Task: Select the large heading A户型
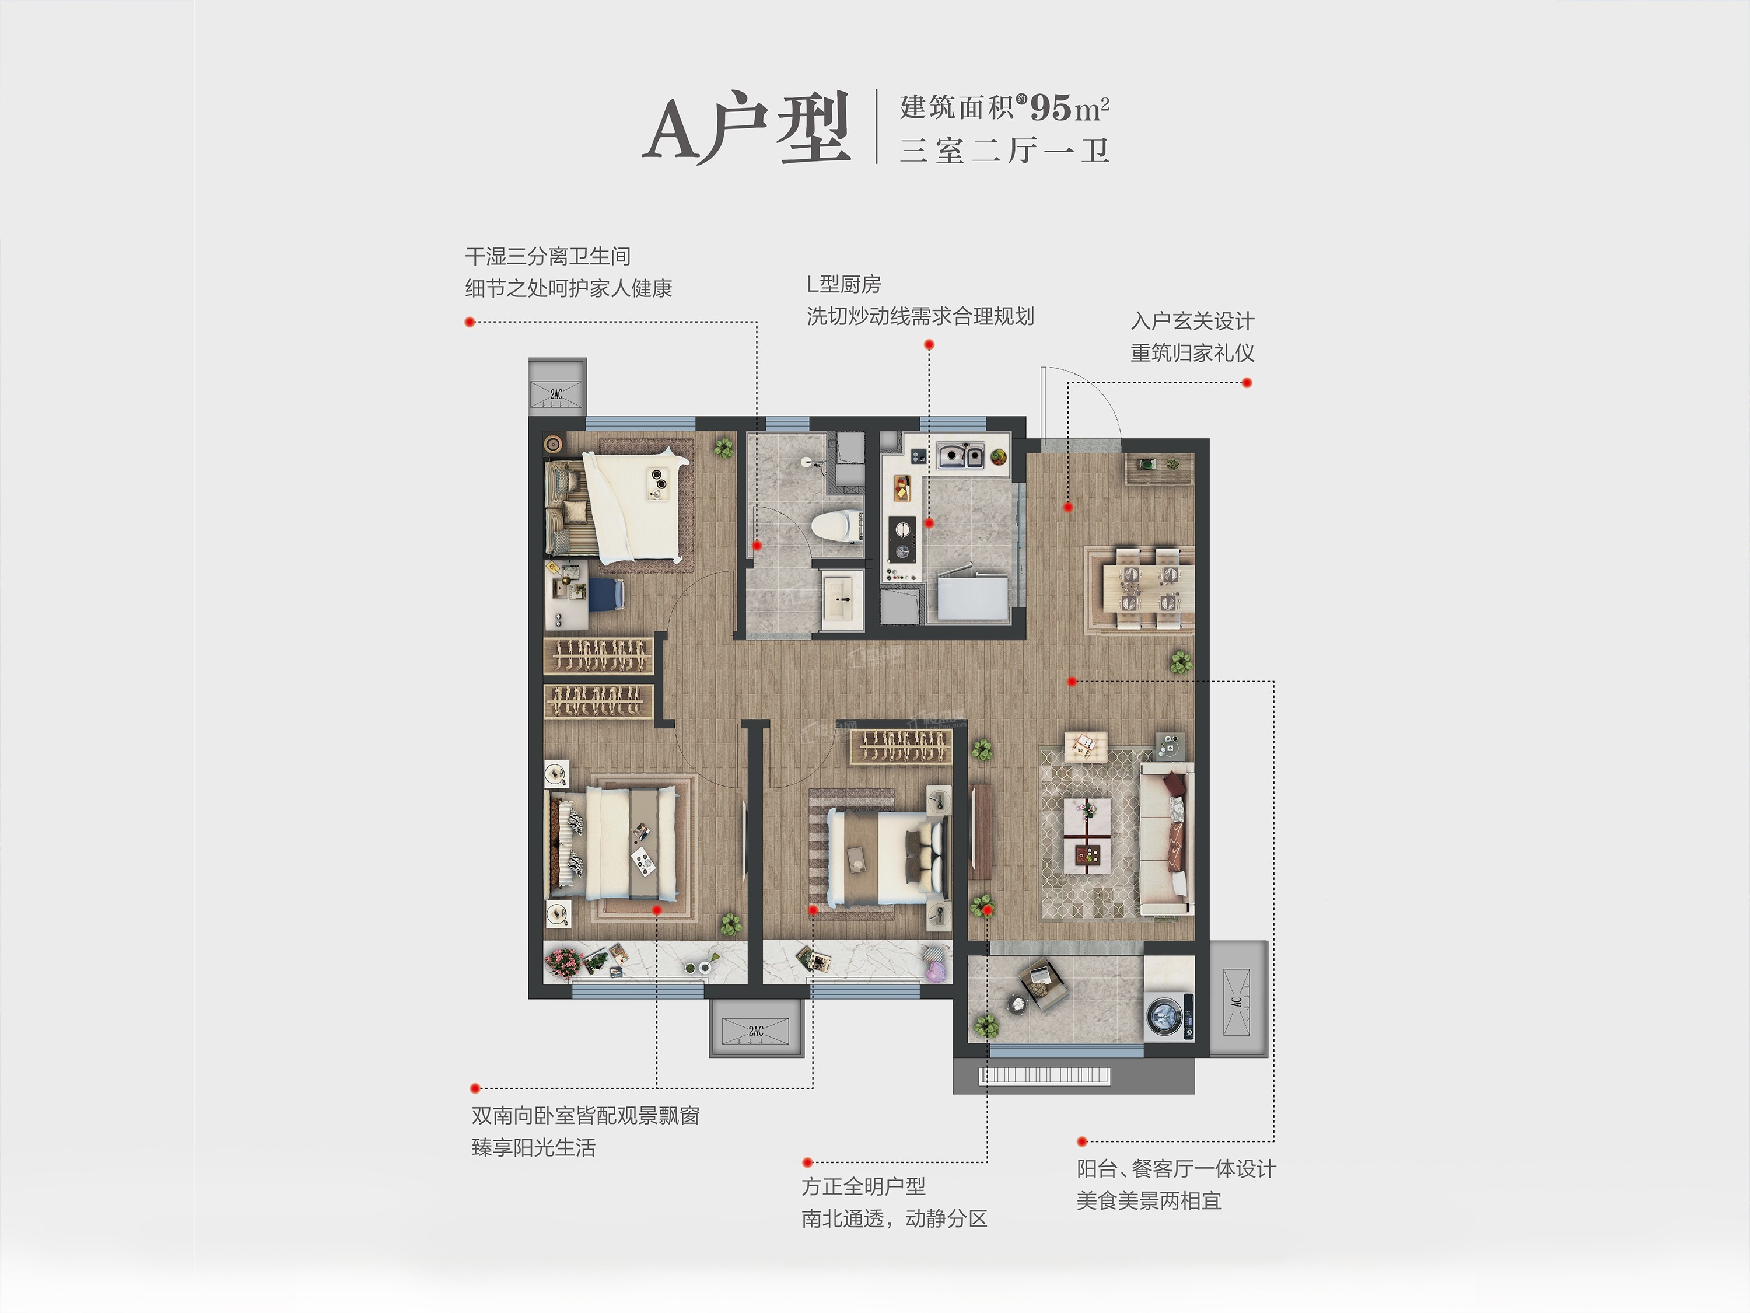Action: [747, 130]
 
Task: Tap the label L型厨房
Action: [843, 284]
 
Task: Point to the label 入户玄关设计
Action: [1192, 322]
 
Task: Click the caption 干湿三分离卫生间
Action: [548, 256]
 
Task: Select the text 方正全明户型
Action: [863, 1186]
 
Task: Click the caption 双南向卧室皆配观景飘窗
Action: [586, 1116]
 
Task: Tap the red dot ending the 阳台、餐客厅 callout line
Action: [1082, 1141]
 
